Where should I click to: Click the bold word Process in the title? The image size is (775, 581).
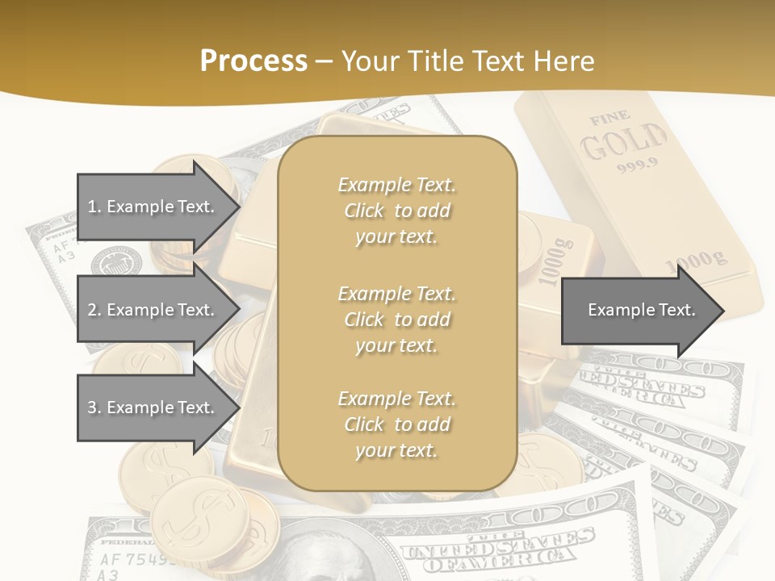253,61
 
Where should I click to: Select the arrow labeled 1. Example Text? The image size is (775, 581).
153,207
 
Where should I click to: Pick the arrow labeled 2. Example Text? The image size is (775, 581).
153,310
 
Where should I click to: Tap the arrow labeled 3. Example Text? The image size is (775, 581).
153,408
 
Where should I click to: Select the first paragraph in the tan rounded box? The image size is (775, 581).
396,211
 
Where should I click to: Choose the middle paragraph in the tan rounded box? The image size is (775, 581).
396,319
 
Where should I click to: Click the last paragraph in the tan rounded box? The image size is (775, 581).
396,424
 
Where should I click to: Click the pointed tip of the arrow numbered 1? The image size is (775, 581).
238,207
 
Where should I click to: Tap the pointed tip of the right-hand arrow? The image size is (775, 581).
723,311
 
